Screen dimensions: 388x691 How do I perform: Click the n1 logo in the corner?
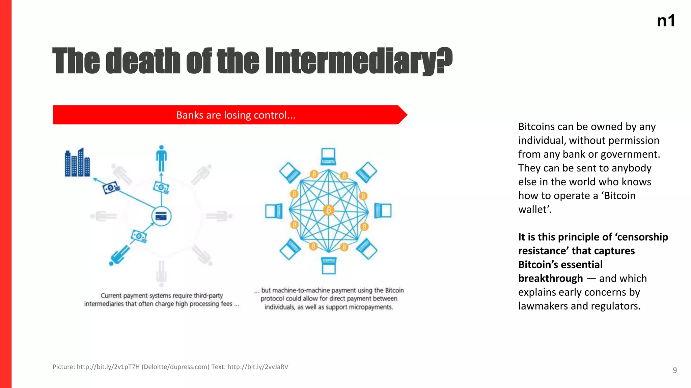666,21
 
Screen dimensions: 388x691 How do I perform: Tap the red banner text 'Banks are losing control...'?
236,115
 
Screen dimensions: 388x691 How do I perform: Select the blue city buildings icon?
77,163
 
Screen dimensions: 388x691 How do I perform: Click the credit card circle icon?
161,216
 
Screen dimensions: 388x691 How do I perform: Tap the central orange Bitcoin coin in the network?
328,211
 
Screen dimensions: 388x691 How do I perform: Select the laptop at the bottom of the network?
329,265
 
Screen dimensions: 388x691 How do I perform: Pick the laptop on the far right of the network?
383,211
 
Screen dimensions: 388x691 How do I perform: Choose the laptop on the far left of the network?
274,211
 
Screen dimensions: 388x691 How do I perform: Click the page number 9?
674,370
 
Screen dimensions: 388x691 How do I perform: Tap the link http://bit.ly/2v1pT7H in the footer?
108,367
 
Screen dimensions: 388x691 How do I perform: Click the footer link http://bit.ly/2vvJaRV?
258,367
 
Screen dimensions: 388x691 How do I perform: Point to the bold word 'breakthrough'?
550,279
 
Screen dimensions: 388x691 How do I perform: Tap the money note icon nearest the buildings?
111,188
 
